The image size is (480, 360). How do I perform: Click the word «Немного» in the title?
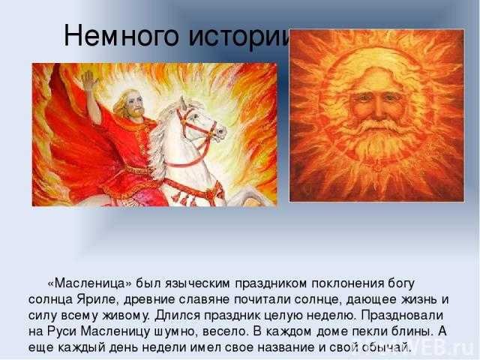(121, 36)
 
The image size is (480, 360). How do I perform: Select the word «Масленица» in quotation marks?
(89, 283)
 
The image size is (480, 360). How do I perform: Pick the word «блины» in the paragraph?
(412, 331)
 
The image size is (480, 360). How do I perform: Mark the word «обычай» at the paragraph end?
(385, 347)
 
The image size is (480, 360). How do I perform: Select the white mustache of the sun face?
(378, 126)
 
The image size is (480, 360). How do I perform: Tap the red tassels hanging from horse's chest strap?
(184, 199)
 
